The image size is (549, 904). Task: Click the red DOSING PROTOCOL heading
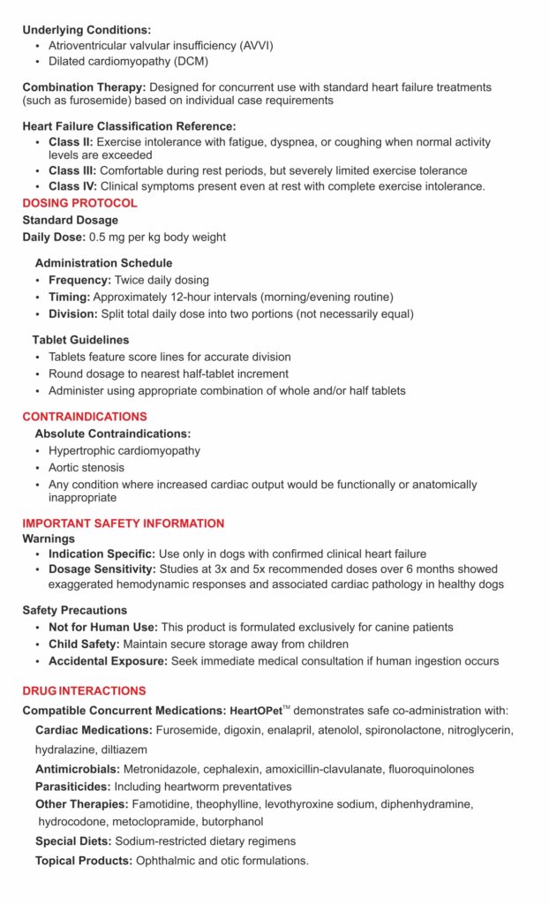[79, 203]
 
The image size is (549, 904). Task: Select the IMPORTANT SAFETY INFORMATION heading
[124, 524]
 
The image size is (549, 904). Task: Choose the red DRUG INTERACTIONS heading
[84, 690]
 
